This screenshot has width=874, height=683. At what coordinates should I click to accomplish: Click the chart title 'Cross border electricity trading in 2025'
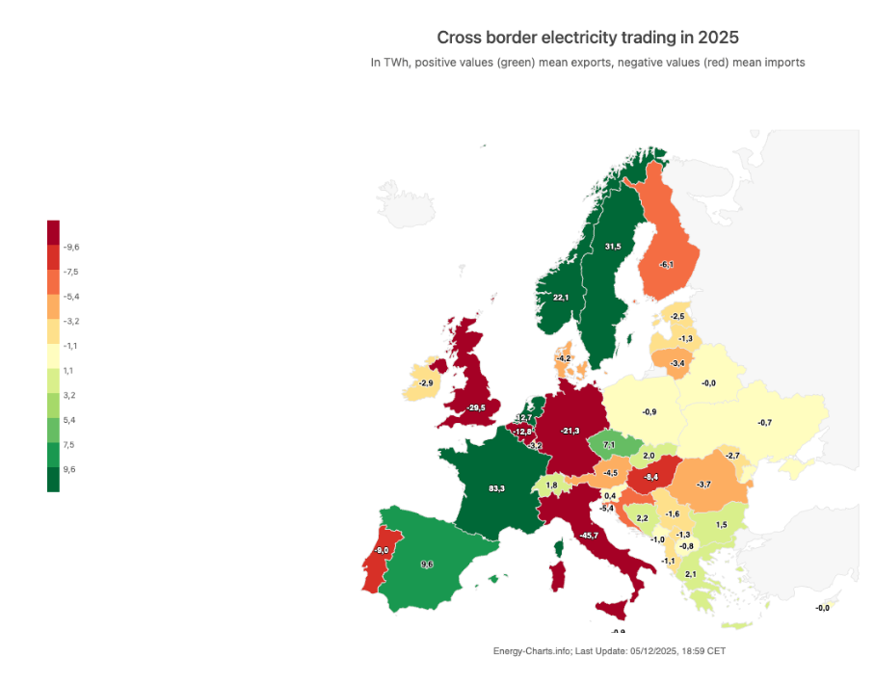pyautogui.click(x=588, y=38)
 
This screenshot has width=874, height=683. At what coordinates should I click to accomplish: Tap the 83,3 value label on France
pyautogui.click(x=496, y=488)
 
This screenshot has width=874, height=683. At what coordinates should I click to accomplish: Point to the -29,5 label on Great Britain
pyautogui.click(x=475, y=407)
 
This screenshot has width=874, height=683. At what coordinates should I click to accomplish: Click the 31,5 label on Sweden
pyautogui.click(x=612, y=247)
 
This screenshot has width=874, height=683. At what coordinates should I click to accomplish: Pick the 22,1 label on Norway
pyautogui.click(x=561, y=298)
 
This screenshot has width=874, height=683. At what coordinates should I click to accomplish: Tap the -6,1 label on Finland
pyautogui.click(x=666, y=265)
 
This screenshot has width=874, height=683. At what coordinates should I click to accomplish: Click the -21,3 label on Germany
pyautogui.click(x=570, y=431)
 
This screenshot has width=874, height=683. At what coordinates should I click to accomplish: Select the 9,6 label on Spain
pyautogui.click(x=427, y=564)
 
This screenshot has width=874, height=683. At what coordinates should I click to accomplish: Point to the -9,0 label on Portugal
pyautogui.click(x=382, y=550)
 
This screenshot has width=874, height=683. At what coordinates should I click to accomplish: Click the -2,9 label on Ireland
pyautogui.click(x=425, y=383)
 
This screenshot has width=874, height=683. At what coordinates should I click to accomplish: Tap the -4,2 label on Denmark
pyautogui.click(x=564, y=358)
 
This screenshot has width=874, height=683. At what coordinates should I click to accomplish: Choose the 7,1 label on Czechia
pyautogui.click(x=609, y=445)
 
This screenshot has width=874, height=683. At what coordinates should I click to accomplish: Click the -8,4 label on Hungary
pyautogui.click(x=651, y=477)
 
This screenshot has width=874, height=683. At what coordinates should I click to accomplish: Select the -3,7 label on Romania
pyautogui.click(x=704, y=484)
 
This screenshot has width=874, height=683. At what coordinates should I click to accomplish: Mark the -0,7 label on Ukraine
pyautogui.click(x=764, y=423)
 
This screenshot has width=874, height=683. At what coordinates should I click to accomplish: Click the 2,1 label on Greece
pyautogui.click(x=690, y=574)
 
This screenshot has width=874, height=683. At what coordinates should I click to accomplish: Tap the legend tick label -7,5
pyautogui.click(x=70, y=272)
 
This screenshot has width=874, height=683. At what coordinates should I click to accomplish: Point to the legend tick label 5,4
pyautogui.click(x=69, y=420)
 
